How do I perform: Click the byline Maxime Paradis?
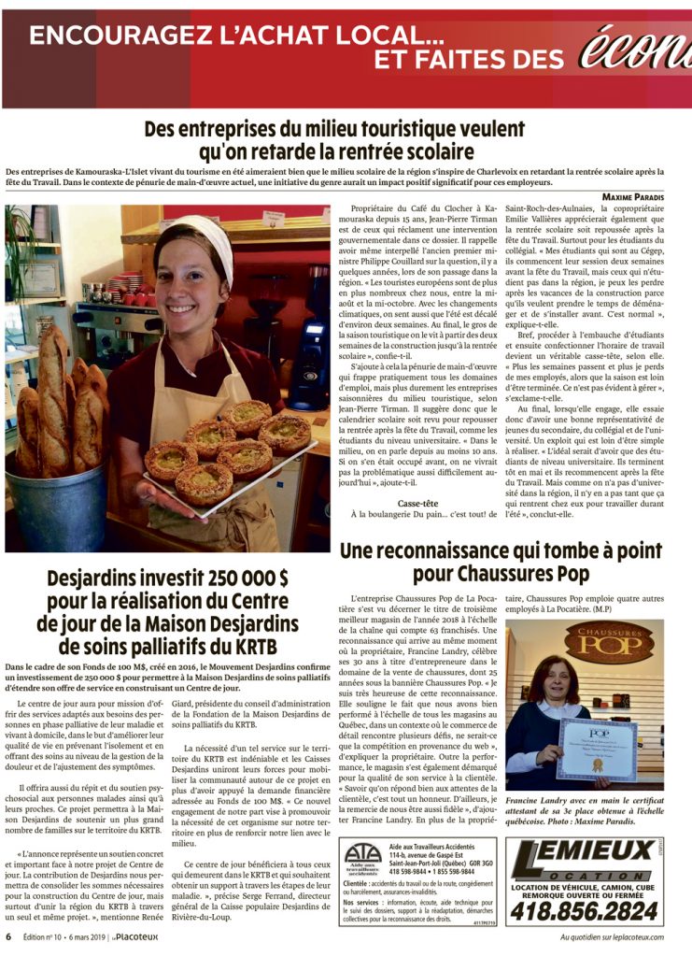631,196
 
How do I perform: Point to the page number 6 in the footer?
8,937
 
